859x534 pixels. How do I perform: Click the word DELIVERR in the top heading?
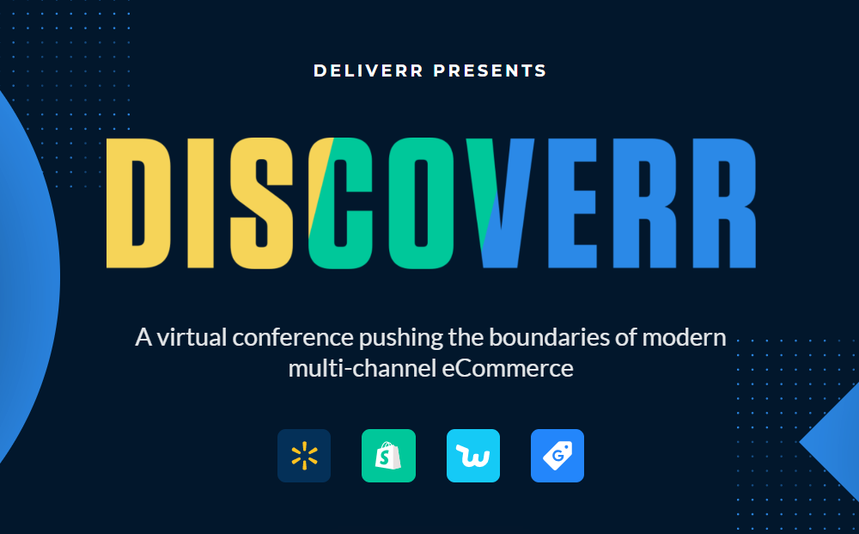pos(368,71)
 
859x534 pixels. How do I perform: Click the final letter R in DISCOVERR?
pos(725,202)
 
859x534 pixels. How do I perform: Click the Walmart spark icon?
pos(304,456)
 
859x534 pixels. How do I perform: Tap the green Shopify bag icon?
pos(388,456)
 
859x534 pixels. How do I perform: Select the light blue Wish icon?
pos(473,456)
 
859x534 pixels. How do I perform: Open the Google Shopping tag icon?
pos(557,456)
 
